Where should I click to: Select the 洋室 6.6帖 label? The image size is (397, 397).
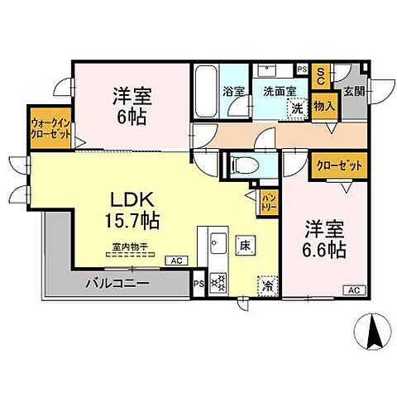point(323,238)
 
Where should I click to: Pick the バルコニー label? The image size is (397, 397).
point(117,284)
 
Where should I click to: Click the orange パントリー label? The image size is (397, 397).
point(269,200)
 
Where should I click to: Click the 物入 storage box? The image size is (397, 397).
point(324,106)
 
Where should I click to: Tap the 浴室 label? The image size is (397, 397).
point(232,92)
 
